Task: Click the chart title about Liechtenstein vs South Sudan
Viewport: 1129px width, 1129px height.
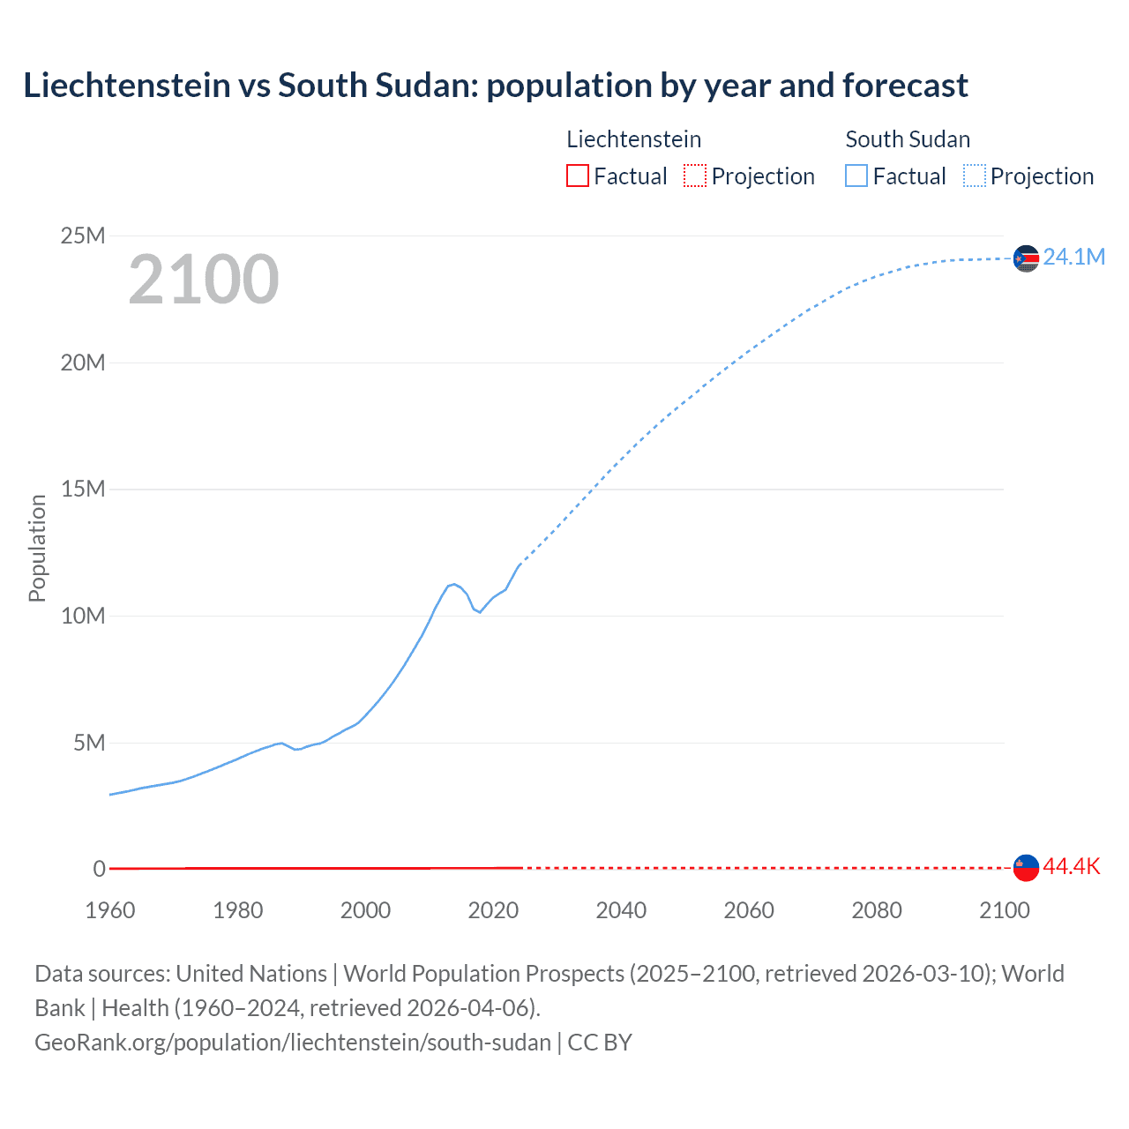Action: point(495,86)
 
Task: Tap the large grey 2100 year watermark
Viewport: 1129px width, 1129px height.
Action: point(204,280)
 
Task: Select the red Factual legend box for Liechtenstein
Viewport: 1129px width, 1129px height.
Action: point(577,176)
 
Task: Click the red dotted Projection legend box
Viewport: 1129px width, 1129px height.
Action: point(695,176)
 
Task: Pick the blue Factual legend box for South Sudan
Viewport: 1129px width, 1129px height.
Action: point(856,176)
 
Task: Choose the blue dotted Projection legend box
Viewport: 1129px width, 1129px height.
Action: point(975,176)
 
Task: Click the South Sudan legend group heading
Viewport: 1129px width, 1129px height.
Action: point(908,139)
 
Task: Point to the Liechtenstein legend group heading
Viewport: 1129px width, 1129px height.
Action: point(633,139)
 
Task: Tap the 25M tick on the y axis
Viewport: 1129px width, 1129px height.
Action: point(83,236)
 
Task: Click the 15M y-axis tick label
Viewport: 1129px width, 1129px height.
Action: point(83,489)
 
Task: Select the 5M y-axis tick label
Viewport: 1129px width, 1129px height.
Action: point(89,743)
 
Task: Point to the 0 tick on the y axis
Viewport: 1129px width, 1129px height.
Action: point(99,869)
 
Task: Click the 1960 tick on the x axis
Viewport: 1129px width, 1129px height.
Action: point(110,910)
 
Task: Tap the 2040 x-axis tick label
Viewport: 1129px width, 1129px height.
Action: point(621,910)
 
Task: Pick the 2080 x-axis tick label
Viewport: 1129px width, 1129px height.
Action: point(877,910)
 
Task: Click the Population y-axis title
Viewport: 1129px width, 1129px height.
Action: point(37,548)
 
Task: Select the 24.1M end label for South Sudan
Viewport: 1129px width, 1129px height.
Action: point(1073,257)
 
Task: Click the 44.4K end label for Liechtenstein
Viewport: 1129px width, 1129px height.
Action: point(1072,866)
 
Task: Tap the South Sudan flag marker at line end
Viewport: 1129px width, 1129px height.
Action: point(1026,258)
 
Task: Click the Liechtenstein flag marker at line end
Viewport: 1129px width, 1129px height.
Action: point(1026,868)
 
